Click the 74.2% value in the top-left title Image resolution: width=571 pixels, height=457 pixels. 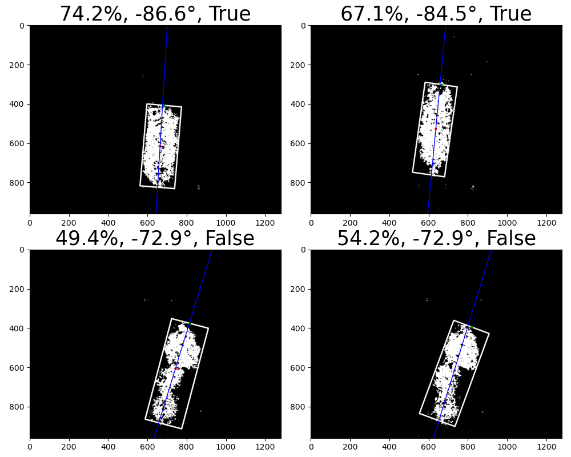(x=91, y=14)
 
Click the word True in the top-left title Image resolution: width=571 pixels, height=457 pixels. (x=230, y=14)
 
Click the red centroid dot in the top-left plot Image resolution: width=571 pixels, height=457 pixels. (x=160, y=146)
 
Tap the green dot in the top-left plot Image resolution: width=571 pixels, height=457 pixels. (x=164, y=106)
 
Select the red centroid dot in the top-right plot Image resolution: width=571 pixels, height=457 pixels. (x=436, y=129)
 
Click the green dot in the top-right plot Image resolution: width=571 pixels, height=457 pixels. (x=442, y=85)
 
